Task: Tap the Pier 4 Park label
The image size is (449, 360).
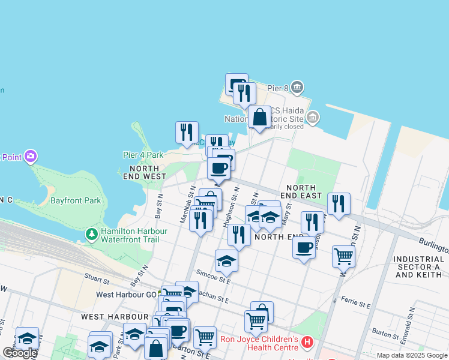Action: (x=143, y=155)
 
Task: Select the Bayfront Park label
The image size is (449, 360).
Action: (x=76, y=200)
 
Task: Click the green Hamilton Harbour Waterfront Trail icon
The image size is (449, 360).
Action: (x=91, y=233)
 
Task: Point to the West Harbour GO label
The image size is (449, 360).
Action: (x=122, y=295)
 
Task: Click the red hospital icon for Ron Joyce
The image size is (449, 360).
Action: (x=307, y=343)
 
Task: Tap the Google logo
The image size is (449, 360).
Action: (x=20, y=353)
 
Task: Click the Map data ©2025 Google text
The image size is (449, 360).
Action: (x=412, y=355)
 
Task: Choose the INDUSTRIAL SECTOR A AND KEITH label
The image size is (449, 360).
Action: (x=418, y=266)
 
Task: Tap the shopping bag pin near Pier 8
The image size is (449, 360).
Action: (x=260, y=117)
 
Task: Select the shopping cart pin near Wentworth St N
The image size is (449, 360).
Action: (x=343, y=256)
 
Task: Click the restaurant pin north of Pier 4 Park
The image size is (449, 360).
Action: (x=187, y=132)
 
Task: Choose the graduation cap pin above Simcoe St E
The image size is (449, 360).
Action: (x=226, y=260)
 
